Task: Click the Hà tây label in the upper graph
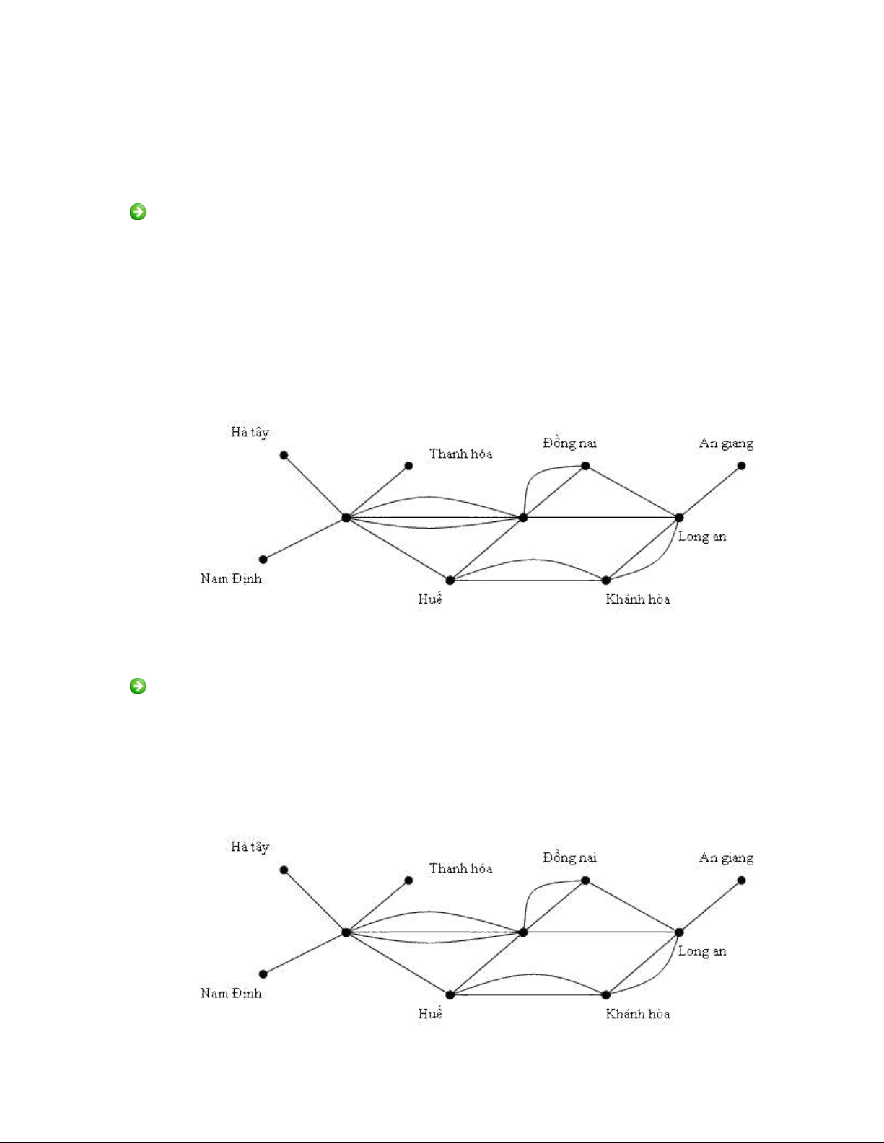click(x=250, y=433)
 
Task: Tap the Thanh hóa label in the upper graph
click(x=460, y=454)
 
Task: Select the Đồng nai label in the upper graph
click(x=569, y=443)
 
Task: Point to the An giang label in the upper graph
click(x=726, y=443)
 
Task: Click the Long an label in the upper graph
click(x=702, y=537)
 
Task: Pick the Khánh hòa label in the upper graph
click(x=638, y=599)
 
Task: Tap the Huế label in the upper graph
click(x=430, y=599)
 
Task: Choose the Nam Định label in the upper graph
click(x=231, y=578)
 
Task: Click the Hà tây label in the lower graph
click(x=250, y=847)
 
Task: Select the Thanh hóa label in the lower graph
click(x=460, y=868)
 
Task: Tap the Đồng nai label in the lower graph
click(x=569, y=857)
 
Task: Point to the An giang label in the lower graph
click(x=726, y=858)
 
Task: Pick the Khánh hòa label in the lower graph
click(x=638, y=1014)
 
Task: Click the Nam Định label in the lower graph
click(x=231, y=993)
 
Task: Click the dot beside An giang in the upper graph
click(x=741, y=466)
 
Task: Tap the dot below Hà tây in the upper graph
click(x=284, y=455)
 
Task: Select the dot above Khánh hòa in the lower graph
click(x=606, y=995)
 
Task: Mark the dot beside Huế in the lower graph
click(x=450, y=995)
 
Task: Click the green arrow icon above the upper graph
click(x=137, y=212)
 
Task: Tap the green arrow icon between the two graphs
click(x=137, y=686)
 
